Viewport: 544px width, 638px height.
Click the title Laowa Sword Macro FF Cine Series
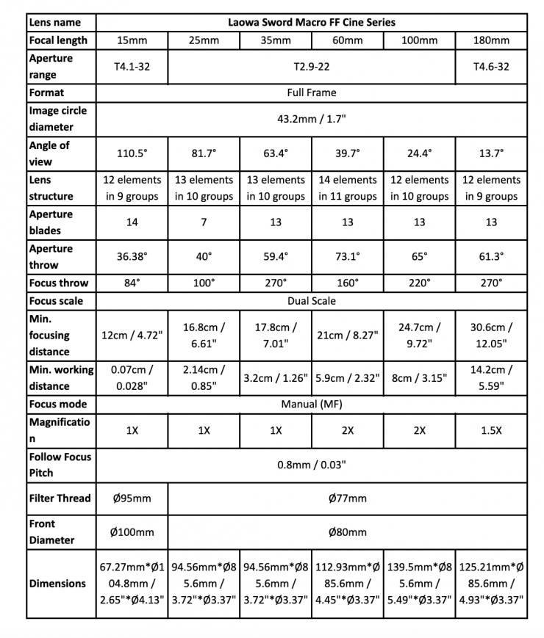[x=312, y=22]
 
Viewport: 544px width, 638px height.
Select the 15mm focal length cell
[x=132, y=40]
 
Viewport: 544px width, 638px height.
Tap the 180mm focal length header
[x=491, y=40]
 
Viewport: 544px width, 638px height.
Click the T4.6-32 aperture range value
[x=491, y=66]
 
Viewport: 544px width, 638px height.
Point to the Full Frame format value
[x=312, y=93]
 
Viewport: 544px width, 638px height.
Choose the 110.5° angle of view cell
[x=132, y=153]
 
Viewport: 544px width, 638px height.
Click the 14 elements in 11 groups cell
[x=348, y=187]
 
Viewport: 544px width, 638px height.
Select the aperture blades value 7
[x=204, y=222]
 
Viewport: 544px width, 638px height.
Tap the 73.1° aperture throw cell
[x=348, y=256]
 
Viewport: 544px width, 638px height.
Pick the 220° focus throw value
[x=419, y=283]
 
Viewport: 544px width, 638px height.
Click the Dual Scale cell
[x=312, y=301]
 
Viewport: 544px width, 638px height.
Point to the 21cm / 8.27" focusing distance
[x=348, y=335]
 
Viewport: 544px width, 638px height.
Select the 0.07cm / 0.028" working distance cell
[x=132, y=377]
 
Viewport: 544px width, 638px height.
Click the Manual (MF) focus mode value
[x=312, y=404]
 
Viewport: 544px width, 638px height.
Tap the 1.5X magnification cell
[x=491, y=430]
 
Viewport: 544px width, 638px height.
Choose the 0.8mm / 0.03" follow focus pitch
[x=312, y=464]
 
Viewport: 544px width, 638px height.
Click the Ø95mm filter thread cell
[x=132, y=499]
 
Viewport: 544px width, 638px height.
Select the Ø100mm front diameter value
[x=132, y=532]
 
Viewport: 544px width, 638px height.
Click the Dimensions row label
[x=57, y=584]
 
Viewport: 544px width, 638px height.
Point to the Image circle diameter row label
[x=57, y=118]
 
